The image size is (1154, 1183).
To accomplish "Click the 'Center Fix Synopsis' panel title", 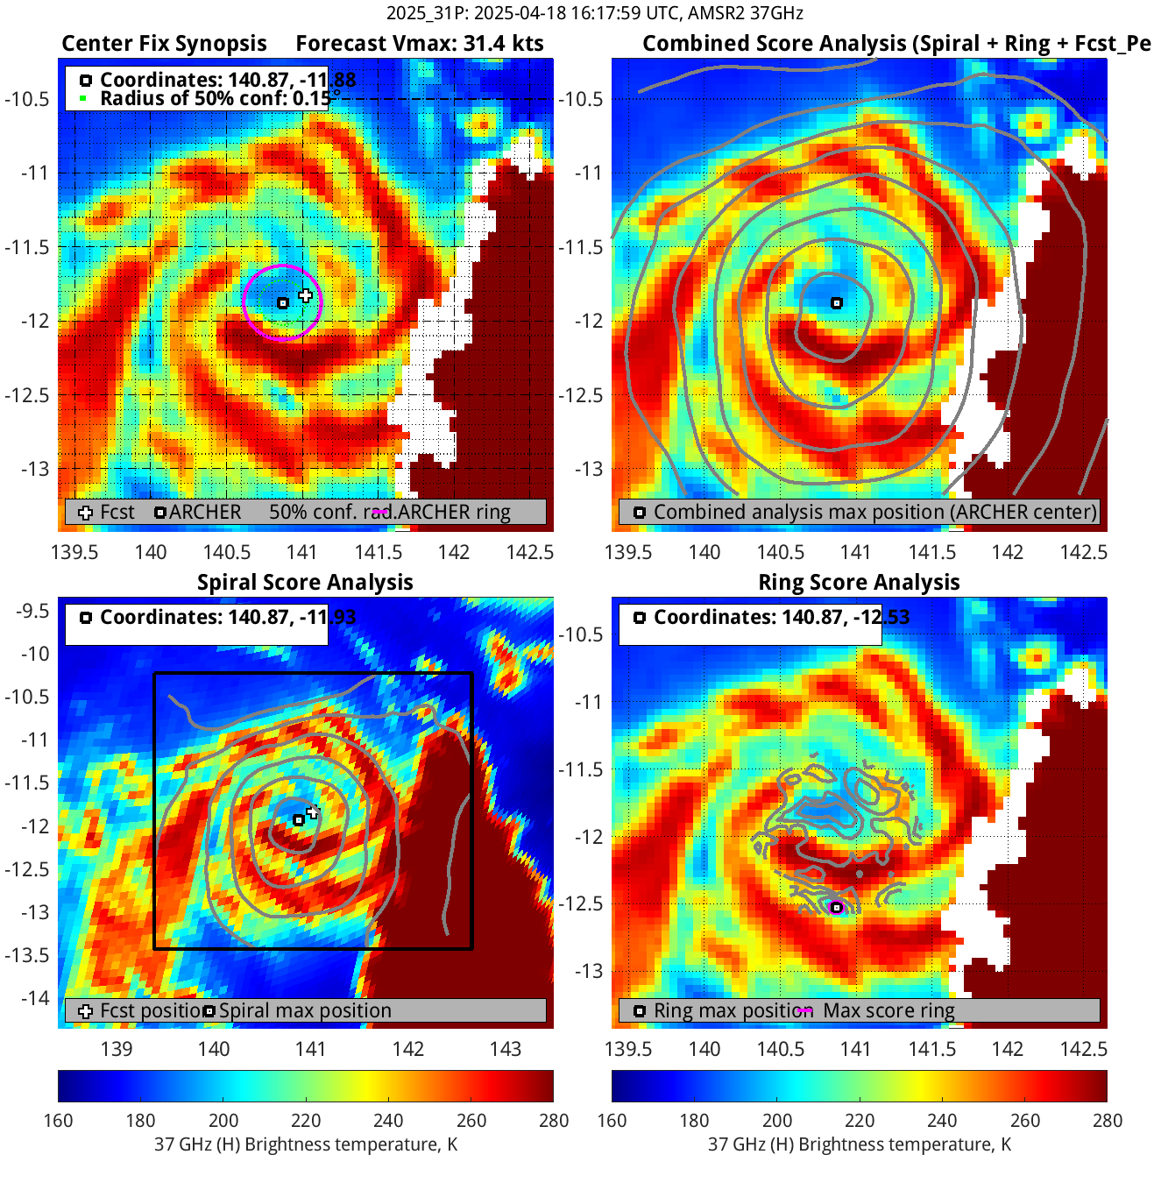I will pyautogui.click(x=164, y=44).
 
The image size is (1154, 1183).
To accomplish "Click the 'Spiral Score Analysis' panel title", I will pyautogui.click(x=305, y=583).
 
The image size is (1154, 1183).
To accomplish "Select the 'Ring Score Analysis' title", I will pyautogui.click(x=859, y=583).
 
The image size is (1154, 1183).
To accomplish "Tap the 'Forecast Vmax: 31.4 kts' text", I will pyautogui.click(x=420, y=44).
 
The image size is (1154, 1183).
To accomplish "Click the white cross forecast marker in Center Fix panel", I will pyautogui.click(x=305, y=295).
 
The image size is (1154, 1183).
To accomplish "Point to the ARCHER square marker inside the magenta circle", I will pyautogui.click(x=283, y=303).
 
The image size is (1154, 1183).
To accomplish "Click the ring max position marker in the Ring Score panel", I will pyautogui.click(x=837, y=908).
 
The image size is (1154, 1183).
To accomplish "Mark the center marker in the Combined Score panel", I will pyautogui.click(x=837, y=303).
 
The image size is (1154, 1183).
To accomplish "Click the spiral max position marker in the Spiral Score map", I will pyautogui.click(x=299, y=820).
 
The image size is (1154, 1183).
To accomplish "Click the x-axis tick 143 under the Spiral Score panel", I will pyautogui.click(x=506, y=1049).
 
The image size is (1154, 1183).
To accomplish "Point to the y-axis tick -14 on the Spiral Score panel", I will pyautogui.click(x=36, y=997).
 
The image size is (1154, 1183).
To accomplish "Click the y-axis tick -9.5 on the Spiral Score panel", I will pyautogui.click(x=33, y=611).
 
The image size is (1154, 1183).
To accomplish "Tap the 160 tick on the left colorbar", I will pyautogui.click(x=58, y=1121).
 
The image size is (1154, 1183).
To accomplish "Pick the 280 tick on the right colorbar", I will pyautogui.click(x=1108, y=1121).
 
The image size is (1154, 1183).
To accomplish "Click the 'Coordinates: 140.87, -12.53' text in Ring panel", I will pyautogui.click(x=782, y=618).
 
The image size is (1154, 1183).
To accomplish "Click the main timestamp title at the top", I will pyautogui.click(x=595, y=13).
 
